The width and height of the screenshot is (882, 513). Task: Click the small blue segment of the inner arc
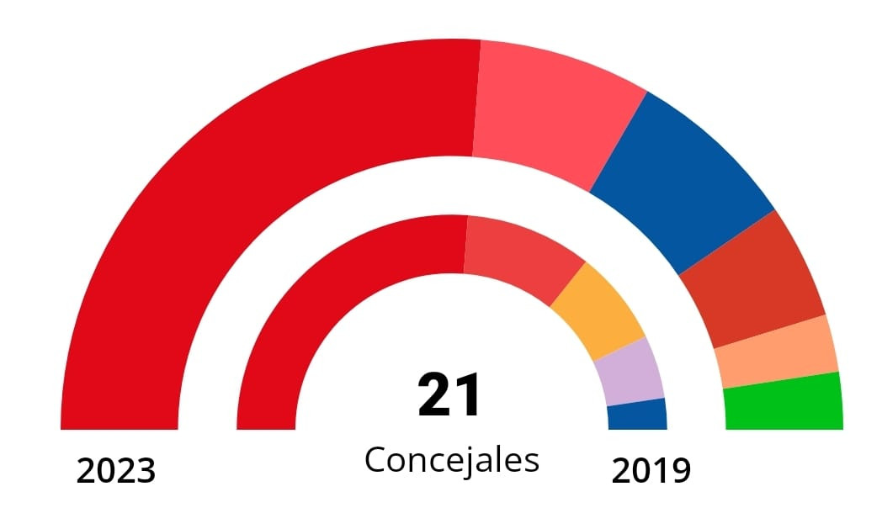pos(637,414)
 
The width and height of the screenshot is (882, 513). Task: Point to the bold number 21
pos(450,395)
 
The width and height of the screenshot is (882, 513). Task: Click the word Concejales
pos(451,460)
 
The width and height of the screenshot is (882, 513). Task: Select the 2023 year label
pos(116,471)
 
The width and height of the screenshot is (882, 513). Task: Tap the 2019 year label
pos(651,471)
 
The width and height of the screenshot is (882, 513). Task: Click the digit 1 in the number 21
pos(468,395)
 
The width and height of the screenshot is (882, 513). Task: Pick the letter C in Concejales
pos(375,460)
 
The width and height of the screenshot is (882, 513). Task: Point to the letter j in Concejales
pos(477,462)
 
